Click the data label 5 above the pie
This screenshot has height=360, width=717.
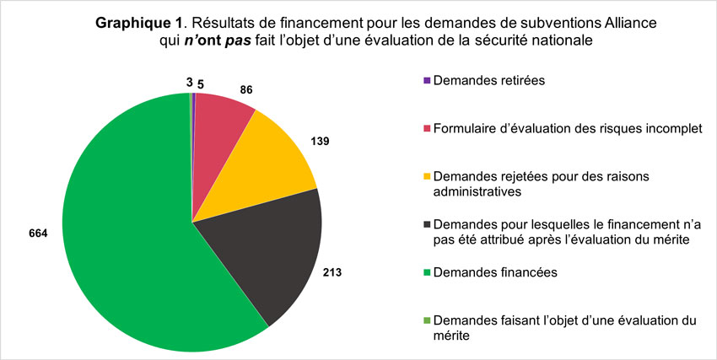201,83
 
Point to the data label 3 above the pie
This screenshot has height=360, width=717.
189,83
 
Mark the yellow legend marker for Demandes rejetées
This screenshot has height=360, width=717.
428,176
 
